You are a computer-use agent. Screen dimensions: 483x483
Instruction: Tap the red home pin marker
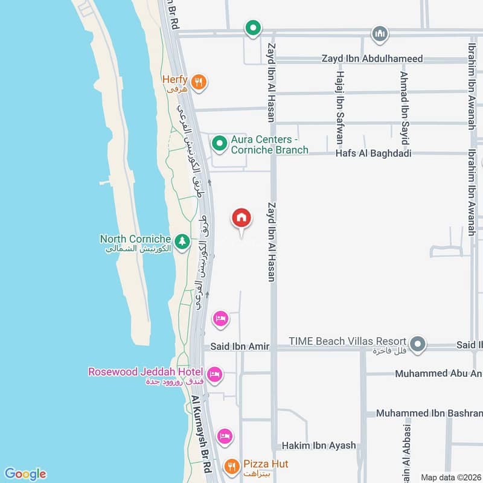tap(241, 218)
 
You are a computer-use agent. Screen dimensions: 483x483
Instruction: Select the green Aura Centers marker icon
tap(219, 144)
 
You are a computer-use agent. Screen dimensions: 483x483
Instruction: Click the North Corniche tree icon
tap(182, 241)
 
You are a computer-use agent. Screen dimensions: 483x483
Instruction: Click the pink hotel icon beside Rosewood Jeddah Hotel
tap(214, 376)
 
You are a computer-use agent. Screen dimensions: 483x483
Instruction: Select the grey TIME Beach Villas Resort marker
tap(418, 345)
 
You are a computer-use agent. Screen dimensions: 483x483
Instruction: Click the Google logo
tap(25, 473)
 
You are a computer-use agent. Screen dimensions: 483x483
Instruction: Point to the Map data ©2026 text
tap(450, 477)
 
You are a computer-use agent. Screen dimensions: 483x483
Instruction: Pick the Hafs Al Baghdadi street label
tap(373, 153)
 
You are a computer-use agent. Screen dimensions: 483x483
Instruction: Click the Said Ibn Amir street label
tap(240, 347)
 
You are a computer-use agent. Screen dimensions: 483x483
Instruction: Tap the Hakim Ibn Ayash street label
tap(319, 446)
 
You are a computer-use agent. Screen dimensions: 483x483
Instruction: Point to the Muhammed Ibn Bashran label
tap(429, 414)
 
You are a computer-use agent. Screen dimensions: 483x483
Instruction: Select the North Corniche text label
tap(135, 239)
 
